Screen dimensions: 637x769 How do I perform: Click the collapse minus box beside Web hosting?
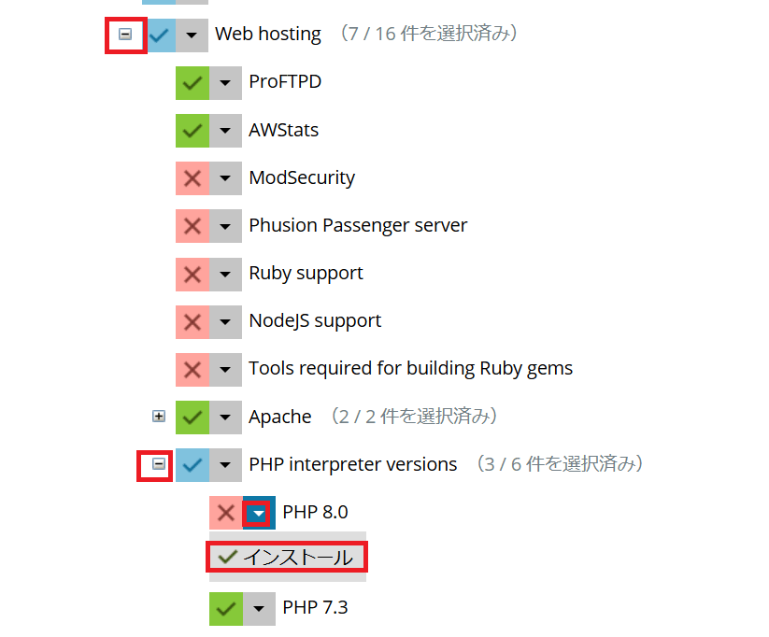tap(125, 35)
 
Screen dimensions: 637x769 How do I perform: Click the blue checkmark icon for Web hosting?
tap(159, 35)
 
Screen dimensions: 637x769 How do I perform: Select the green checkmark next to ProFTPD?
tap(192, 82)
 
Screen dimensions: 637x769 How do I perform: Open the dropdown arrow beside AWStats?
tap(225, 130)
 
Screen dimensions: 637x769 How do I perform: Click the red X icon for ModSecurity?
tap(192, 177)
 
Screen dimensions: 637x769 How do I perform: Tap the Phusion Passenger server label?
tap(357, 225)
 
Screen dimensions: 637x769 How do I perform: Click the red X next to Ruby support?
tap(192, 273)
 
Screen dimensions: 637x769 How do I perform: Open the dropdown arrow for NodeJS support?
tap(225, 320)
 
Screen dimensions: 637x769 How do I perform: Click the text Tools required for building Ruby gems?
tap(410, 368)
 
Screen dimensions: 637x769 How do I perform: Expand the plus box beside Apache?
tap(159, 417)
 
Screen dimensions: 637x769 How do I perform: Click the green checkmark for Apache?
tap(192, 417)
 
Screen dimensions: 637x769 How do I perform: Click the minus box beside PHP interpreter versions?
tap(159, 464)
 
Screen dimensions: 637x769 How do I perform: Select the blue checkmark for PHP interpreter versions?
tap(192, 464)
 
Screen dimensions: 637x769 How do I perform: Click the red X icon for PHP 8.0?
tap(226, 512)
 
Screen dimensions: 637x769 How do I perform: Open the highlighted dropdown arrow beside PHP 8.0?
tap(259, 512)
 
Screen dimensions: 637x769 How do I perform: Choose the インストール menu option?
tap(286, 558)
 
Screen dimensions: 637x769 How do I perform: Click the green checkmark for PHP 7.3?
tap(226, 608)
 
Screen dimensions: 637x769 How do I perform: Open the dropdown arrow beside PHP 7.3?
tap(259, 608)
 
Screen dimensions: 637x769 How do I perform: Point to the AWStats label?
tap(283, 130)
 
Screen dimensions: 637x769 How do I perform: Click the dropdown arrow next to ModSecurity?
tap(225, 177)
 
